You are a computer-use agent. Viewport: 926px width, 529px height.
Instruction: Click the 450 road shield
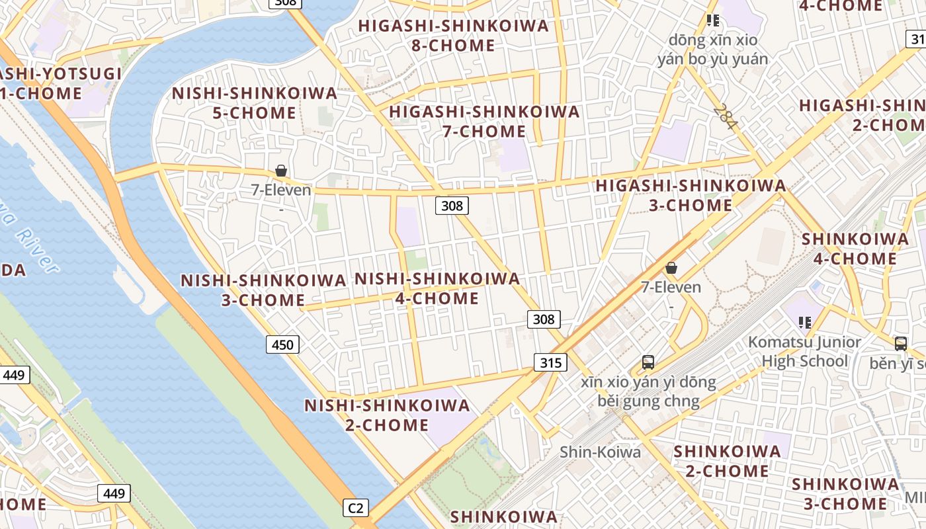(x=282, y=345)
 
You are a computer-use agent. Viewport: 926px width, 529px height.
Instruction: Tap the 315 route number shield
(x=550, y=362)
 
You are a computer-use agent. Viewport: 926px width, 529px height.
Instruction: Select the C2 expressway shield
(x=356, y=508)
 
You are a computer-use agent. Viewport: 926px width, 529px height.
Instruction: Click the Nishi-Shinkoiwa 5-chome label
(x=255, y=103)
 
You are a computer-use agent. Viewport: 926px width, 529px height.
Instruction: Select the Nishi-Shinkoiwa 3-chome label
(x=263, y=290)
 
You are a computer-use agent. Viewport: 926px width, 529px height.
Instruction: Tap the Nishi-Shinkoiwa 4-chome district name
(x=437, y=288)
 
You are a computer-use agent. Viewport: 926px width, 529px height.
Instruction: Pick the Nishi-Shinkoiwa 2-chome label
(x=387, y=415)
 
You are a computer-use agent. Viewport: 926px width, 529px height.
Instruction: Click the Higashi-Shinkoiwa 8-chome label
(x=454, y=36)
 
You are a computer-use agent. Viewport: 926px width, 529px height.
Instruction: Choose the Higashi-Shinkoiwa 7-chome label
(x=484, y=121)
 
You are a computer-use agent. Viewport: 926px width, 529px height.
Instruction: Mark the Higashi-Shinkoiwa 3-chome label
(x=691, y=195)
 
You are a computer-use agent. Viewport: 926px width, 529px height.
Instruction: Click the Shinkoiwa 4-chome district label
(x=855, y=249)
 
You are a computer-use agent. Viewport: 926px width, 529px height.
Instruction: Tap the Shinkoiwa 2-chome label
(x=727, y=461)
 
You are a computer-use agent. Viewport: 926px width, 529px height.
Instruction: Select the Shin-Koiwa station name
(x=600, y=452)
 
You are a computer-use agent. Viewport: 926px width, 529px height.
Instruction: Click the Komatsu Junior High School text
(x=804, y=351)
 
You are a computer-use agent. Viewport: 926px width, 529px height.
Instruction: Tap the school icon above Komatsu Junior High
(x=805, y=323)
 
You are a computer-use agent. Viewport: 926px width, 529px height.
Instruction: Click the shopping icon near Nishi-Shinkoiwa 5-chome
(x=281, y=171)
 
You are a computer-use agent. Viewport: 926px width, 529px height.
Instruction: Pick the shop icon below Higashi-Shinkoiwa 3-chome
(x=671, y=268)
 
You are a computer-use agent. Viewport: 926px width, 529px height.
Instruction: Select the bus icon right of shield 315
(x=648, y=362)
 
